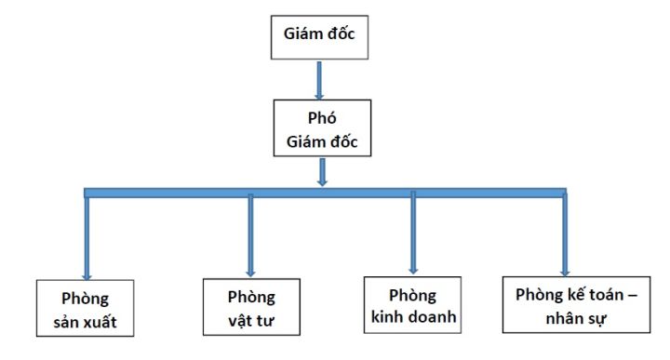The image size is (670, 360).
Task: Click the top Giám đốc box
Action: (319, 38)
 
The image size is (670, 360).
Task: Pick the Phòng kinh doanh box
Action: (412, 304)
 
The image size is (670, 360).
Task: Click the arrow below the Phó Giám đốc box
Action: (321, 173)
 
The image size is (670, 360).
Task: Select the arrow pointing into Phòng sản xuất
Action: (87, 237)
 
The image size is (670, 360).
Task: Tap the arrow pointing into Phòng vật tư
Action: (250, 236)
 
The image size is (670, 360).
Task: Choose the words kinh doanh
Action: (412, 315)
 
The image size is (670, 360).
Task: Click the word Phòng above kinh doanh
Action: (413, 294)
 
